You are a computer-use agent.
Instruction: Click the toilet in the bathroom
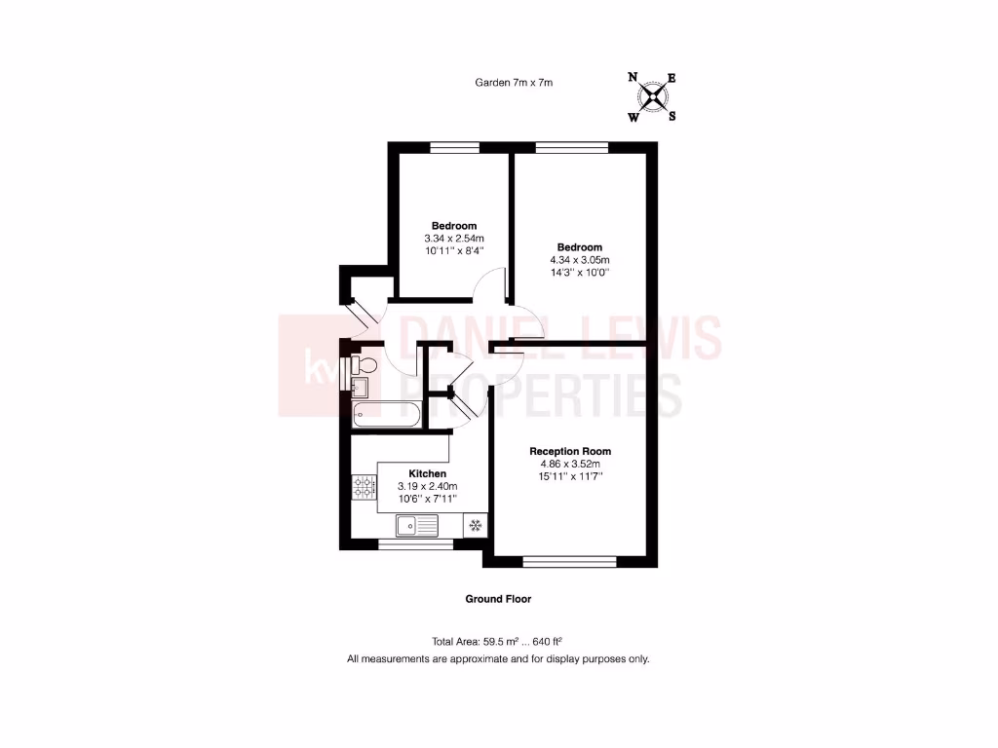(x=365, y=365)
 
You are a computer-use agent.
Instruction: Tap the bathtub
(x=386, y=417)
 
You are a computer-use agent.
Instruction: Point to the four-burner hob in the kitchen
(x=365, y=486)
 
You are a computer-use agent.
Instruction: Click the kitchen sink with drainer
(x=417, y=527)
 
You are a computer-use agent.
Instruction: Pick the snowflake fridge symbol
(x=476, y=527)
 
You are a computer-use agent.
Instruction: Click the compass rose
(x=652, y=96)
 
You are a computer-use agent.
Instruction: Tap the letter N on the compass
(x=633, y=77)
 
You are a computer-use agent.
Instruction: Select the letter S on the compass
(x=672, y=116)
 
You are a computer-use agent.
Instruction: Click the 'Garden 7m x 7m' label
(x=514, y=83)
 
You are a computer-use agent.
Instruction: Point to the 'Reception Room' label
(x=570, y=451)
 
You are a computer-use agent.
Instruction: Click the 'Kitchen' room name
(x=427, y=473)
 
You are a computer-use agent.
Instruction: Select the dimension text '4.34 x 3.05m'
(x=580, y=260)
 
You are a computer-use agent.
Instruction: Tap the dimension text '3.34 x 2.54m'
(x=454, y=239)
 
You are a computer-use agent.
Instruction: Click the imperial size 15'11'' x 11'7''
(x=570, y=476)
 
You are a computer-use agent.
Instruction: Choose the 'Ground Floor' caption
(x=498, y=599)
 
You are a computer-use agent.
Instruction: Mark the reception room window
(x=570, y=561)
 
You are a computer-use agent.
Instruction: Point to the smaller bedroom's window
(x=455, y=147)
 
